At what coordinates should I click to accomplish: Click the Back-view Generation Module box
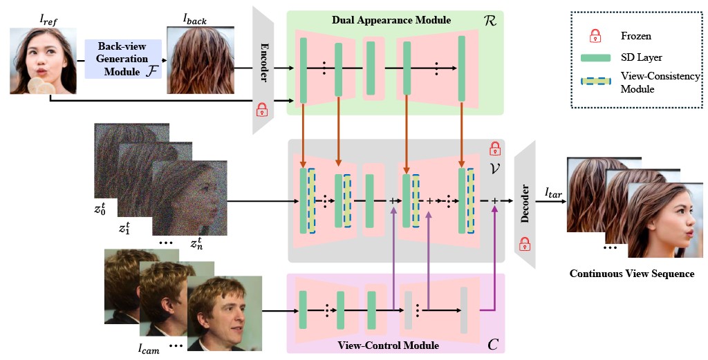pyautogui.click(x=122, y=59)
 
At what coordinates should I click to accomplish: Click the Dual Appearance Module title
pyautogui.click(x=391, y=20)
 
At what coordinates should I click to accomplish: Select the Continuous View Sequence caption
pyautogui.click(x=631, y=274)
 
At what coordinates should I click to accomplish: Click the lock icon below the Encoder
pyautogui.click(x=262, y=108)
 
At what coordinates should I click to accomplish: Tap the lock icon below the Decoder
pyautogui.click(x=525, y=243)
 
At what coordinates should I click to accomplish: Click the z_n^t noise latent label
pyautogui.click(x=198, y=244)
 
